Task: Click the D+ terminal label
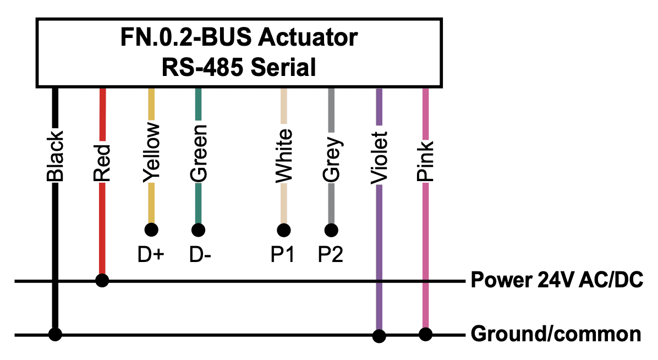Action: click(x=151, y=254)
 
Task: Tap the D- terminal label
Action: click(x=200, y=254)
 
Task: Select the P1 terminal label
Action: click(x=282, y=254)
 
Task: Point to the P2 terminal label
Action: click(x=330, y=254)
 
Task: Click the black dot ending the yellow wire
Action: click(x=151, y=230)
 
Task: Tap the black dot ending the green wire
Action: click(x=199, y=230)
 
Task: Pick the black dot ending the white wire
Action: click(x=284, y=230)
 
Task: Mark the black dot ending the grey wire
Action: click(x=332, y=230)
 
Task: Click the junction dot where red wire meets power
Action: click(x=102, y=280)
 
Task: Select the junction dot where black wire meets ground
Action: click(x=55, y=334)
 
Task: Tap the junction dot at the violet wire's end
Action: click(x=380, y=336)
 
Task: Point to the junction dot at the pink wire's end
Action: click(x=425, y=334)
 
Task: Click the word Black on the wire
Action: click(x=55, y=155)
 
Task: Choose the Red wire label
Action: click(x=102, y=162)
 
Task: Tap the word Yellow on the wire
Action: click(x=151, y=152)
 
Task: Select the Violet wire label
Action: click(x=380, y=158)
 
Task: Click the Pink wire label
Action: click(x=425, y=161)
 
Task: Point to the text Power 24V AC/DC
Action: click(x=557, y=280)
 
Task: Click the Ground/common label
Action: click(x=556, y=334)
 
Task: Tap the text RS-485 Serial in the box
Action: click(x=239, y=67)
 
